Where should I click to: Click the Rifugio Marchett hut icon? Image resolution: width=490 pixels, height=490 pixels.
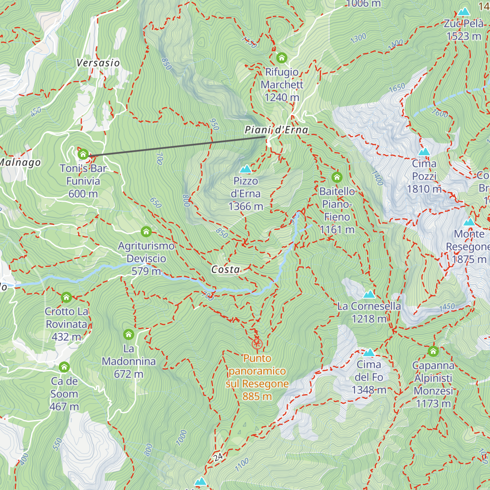click(x=282, y=58)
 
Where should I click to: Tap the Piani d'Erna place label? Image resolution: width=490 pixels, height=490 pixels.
click(x=276, y=130)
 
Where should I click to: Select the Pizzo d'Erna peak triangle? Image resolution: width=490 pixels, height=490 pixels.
click(x=245, y=169)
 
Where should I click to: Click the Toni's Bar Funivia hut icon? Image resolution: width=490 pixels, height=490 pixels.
click(x=83, y=154)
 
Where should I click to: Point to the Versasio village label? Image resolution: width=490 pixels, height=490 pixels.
click(x=98, y=63)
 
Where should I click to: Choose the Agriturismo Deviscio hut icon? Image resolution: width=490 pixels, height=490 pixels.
click(x=146, y=232)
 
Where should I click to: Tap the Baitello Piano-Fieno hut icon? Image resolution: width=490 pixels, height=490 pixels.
click(x=337, y=177)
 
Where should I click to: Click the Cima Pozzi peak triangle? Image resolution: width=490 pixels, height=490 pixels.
click(x=424, y=152)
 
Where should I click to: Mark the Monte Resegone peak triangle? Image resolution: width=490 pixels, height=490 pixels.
click(x=469, y=222)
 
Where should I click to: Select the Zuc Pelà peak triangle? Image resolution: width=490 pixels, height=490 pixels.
click(x=463, y=12)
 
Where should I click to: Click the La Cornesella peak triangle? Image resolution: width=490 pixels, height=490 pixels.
click(x=369, y=294)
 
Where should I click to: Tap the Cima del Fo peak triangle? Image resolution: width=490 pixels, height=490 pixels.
click(x=369, y=352)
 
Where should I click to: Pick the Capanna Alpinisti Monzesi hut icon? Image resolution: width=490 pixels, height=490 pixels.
click(x=433, y=351)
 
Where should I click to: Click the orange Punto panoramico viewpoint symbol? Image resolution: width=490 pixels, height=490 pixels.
click(x=256, y=343)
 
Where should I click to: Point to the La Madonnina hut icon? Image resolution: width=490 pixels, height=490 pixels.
click(x=129, y=335)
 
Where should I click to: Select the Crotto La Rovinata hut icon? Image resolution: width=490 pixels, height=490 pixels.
click(x=67, y=298)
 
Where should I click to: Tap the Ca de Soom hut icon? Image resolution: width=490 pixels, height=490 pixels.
click(x=64, y=367)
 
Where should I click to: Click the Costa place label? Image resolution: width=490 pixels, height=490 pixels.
click(x=225, y=269)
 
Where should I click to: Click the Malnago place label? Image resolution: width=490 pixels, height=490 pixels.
click(x=20, y=163)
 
